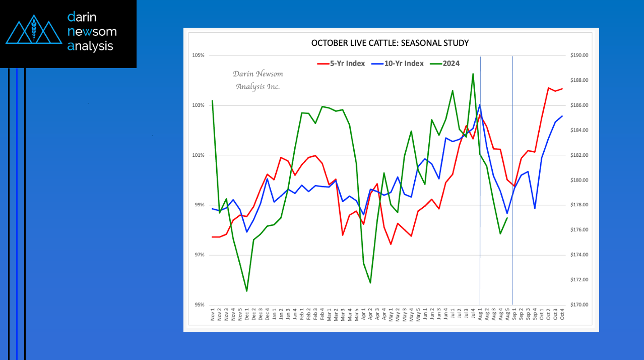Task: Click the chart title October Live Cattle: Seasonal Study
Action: click(390, 43)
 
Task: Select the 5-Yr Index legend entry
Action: click(341, 64)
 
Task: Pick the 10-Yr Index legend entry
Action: click(397, 64)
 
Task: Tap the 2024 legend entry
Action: click(445, 64)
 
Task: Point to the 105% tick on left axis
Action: click(198, 55)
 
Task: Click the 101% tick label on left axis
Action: click(198, 155)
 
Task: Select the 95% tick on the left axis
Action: click(199, 305)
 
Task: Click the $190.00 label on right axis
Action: click(579, 55)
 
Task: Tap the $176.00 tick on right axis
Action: click(579, 229)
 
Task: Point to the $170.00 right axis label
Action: click(579, 305)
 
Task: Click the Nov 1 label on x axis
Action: click(213, 315)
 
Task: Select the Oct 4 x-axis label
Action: click(562, 314)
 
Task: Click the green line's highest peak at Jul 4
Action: click(473, 74)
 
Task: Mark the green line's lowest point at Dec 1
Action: click(247, 291)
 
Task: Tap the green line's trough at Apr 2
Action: click(370, 283)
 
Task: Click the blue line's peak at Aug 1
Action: click(480, 105)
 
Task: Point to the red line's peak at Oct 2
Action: click(549, 88)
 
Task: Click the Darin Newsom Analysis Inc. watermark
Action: click(258, 80)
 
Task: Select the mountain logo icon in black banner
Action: click(34, 29)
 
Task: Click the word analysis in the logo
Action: click(90, 46)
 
